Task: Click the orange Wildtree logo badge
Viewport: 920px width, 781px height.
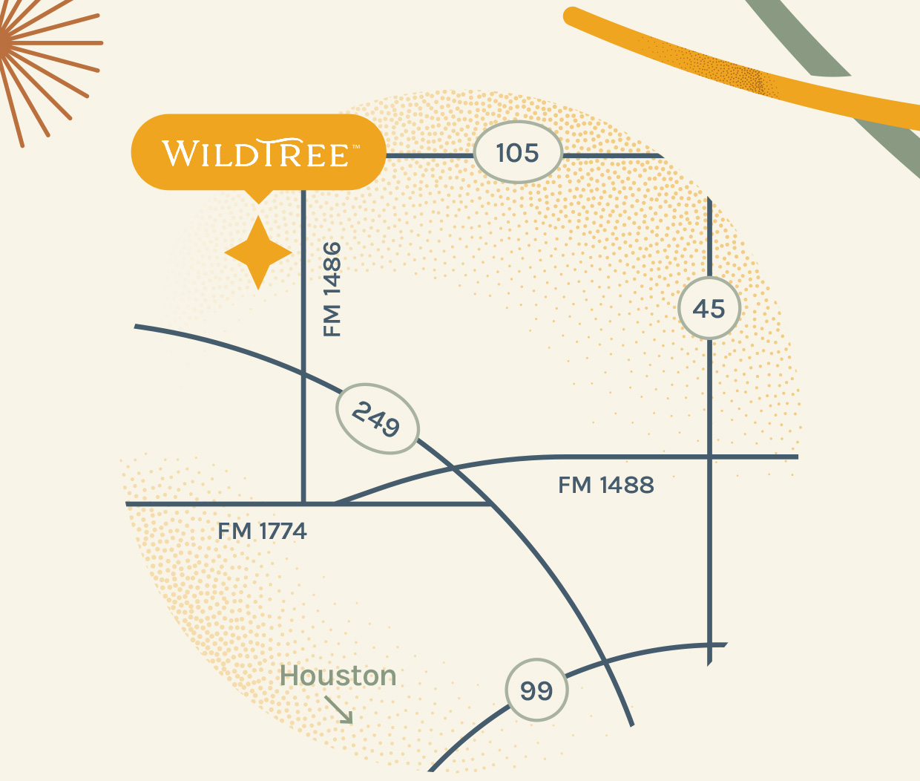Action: pos(258,152)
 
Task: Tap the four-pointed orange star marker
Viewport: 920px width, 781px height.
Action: pos(257,253)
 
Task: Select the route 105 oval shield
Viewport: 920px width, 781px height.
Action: pos(517,153)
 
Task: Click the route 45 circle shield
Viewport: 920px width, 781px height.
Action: pos(709,309)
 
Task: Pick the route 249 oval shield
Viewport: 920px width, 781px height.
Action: pos(377,419)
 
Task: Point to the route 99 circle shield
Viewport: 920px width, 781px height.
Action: pos(536,690)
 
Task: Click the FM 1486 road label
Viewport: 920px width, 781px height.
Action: pos(332,289)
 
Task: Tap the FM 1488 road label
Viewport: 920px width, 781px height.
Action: pos(605,486)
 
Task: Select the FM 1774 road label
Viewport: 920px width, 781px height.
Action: pos(262,532)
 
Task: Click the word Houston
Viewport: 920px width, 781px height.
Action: pos(338,676)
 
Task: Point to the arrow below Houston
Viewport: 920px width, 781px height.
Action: pos(340,710)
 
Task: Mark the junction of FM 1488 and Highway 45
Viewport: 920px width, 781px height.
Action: pos(710,457)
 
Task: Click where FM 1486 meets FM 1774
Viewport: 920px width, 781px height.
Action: pos(303,504)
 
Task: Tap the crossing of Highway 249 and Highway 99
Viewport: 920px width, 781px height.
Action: pos(605,661)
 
